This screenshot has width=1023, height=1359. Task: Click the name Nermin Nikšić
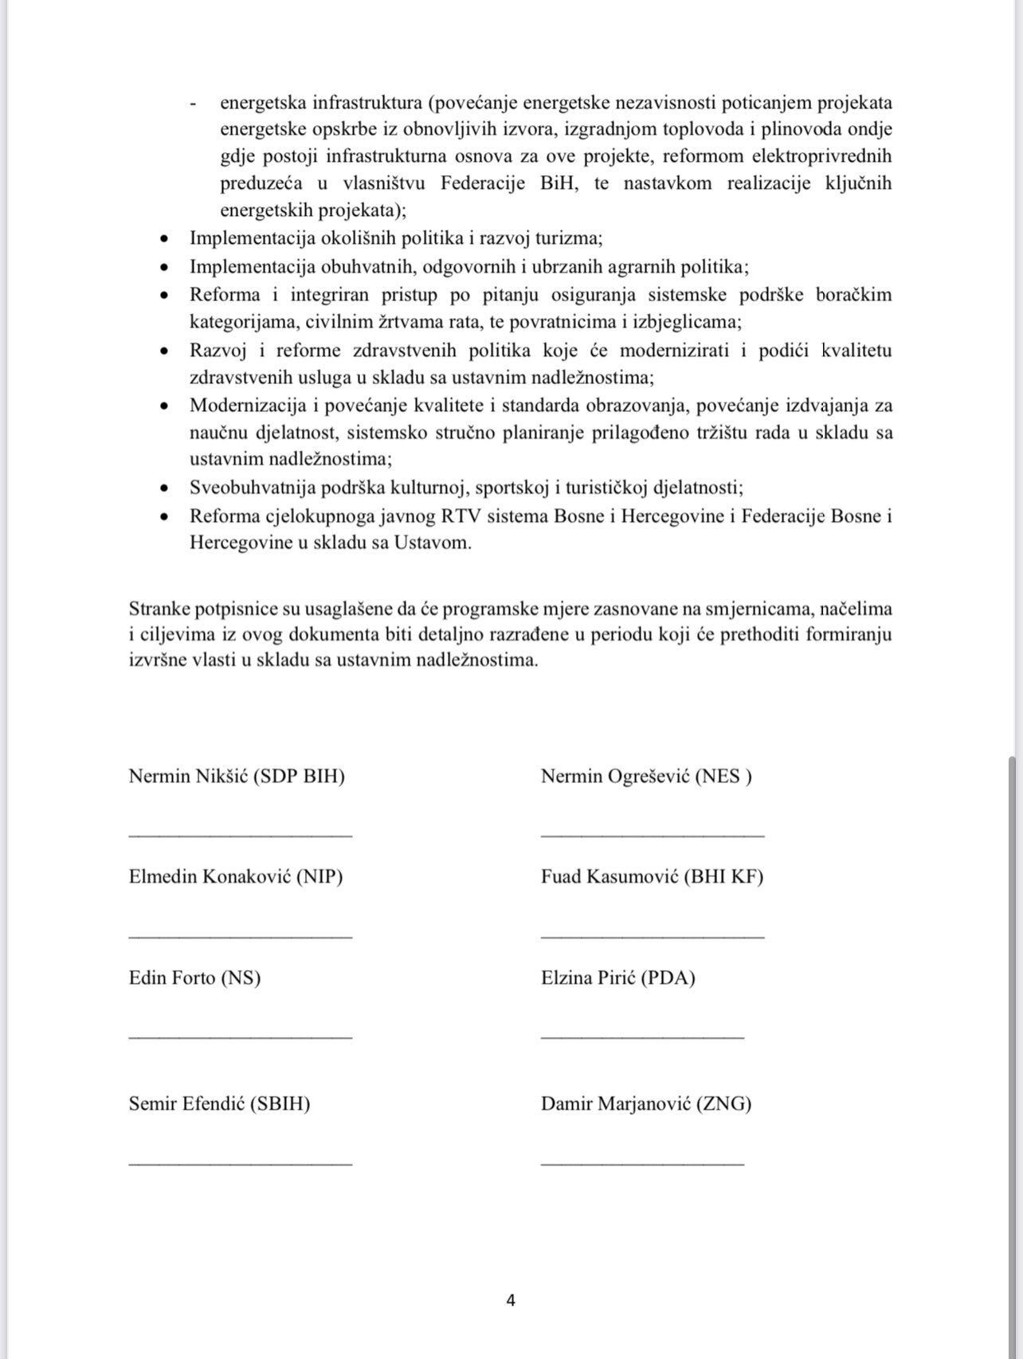click(189, 777)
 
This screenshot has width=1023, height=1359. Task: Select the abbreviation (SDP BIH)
click(300, 777)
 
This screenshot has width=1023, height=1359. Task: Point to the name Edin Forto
click(172, 978)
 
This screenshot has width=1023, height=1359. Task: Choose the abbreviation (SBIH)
click(280, 1104)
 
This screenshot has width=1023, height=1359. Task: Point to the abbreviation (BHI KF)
click(723, 877)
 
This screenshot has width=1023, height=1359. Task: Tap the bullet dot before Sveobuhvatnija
click(165, 488)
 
